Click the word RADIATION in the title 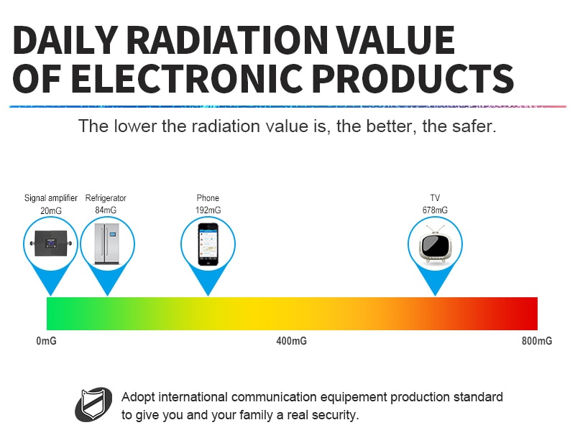(x=228, y=40)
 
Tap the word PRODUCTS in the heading (x=412, y=78)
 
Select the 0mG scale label (x=47, y=341)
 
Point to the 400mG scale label (x=292, y=341)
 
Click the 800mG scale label (x=537, y=341)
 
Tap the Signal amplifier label (x=51, y=198)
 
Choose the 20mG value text (x=51, y=210)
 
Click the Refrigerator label (x=106, y=198)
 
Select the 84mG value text (x=106, y=210)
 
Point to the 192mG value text (x=208, y=210)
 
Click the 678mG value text (x=435, y=210)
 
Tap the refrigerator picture (x=107, y=244)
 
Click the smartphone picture (x=208, y=244)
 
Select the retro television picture (x=435, y=244)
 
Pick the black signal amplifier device (x=51, y=243)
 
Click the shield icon (x=94, y=404)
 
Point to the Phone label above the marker (x=208, y=198)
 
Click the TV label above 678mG (x=435, y=198)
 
